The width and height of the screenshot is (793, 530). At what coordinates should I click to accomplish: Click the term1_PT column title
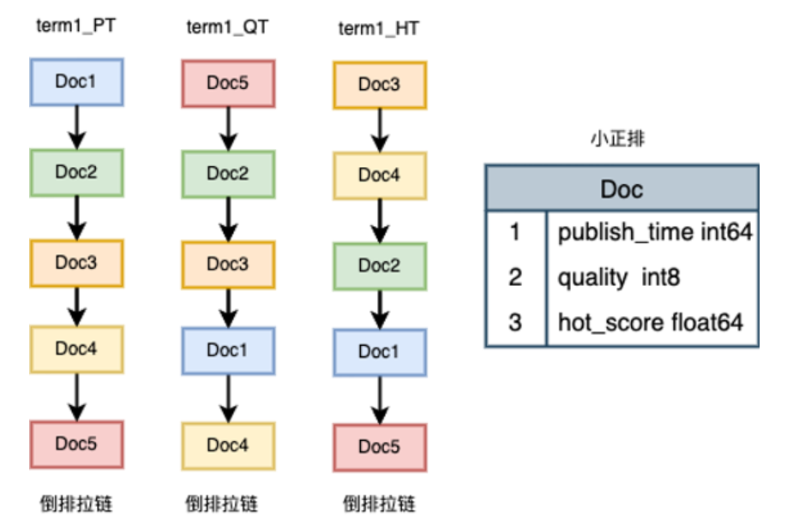(76, 26)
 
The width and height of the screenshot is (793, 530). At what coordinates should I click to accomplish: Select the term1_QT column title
(227, 27)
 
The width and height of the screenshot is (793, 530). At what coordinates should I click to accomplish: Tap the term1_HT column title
(379, 29)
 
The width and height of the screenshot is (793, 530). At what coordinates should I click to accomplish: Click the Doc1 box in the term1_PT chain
(76, 81)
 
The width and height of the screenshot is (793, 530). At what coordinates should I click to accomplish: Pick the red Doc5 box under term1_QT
(227, 83)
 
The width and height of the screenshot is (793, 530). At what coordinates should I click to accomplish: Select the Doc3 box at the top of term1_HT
(379, 84)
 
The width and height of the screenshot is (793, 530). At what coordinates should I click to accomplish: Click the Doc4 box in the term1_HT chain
(379, 175)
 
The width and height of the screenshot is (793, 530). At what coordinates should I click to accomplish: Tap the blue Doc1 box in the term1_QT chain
(227, 350)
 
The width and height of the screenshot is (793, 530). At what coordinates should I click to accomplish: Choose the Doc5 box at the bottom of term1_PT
(76, 444)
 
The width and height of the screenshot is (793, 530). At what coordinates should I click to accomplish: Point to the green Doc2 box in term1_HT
(379, 265)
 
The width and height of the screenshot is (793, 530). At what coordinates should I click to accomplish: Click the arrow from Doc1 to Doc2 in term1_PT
(77, 127)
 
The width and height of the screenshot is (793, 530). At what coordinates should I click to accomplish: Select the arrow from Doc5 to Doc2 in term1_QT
(228, 128)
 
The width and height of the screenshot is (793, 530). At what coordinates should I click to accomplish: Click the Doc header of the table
(622, 188)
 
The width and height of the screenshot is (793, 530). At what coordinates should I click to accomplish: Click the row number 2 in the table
(515, 277)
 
